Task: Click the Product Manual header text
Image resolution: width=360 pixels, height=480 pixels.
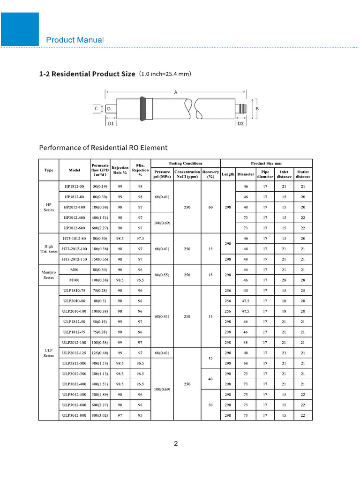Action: [75, 40]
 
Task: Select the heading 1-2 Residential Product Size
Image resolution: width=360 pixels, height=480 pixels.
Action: [87, 74]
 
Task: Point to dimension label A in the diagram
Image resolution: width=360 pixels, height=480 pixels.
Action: [176, 92]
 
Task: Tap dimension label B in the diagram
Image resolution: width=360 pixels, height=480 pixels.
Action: [257, 108]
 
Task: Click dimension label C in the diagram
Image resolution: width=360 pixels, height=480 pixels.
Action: [96, 109]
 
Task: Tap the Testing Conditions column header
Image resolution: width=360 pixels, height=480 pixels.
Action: [185, 163]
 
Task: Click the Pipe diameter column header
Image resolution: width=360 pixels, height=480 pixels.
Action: [265, 174]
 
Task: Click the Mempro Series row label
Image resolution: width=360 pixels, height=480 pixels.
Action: [49, 275]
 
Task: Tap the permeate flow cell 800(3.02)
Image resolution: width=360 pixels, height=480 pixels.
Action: [100, 415]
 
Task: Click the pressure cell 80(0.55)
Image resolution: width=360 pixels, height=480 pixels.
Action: [162, 275]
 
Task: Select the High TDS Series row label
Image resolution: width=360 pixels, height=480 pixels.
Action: [49, 249]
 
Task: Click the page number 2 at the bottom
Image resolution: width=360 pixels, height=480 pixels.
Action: [176, 444]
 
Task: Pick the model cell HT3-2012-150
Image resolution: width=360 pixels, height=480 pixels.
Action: [75, 259]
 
